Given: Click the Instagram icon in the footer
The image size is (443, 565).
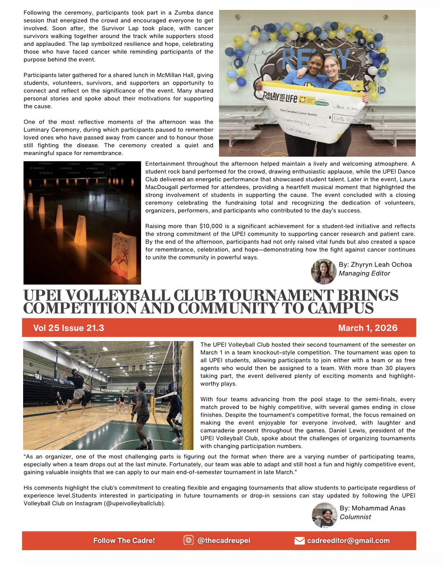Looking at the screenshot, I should [x=189, y=540].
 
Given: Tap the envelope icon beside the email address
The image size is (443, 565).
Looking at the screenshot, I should [x=299, y=541].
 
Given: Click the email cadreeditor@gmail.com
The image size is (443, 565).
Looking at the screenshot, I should [x=348, y=541].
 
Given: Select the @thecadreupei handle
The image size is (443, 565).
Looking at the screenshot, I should [x=224, y=541].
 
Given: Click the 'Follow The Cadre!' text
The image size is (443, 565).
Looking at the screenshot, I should [x=124, y=541].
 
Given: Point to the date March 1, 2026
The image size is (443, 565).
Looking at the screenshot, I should [x=368, y=328].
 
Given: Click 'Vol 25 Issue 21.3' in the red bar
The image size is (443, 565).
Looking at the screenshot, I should [x=68, y=328].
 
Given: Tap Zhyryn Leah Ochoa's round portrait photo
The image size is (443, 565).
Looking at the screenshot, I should [x=323, y=272].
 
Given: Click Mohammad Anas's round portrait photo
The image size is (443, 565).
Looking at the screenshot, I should [x=324, y=515].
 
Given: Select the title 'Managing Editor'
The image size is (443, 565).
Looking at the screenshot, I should [x=364, y=273].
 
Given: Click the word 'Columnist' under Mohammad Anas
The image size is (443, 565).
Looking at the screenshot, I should [x=355, y=517].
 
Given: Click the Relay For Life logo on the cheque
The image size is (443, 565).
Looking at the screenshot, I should [x=280, y=98].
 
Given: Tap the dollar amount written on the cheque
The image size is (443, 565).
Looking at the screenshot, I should [x=342, y=119].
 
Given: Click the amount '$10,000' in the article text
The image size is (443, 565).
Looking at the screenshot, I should [x=211, y=226].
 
